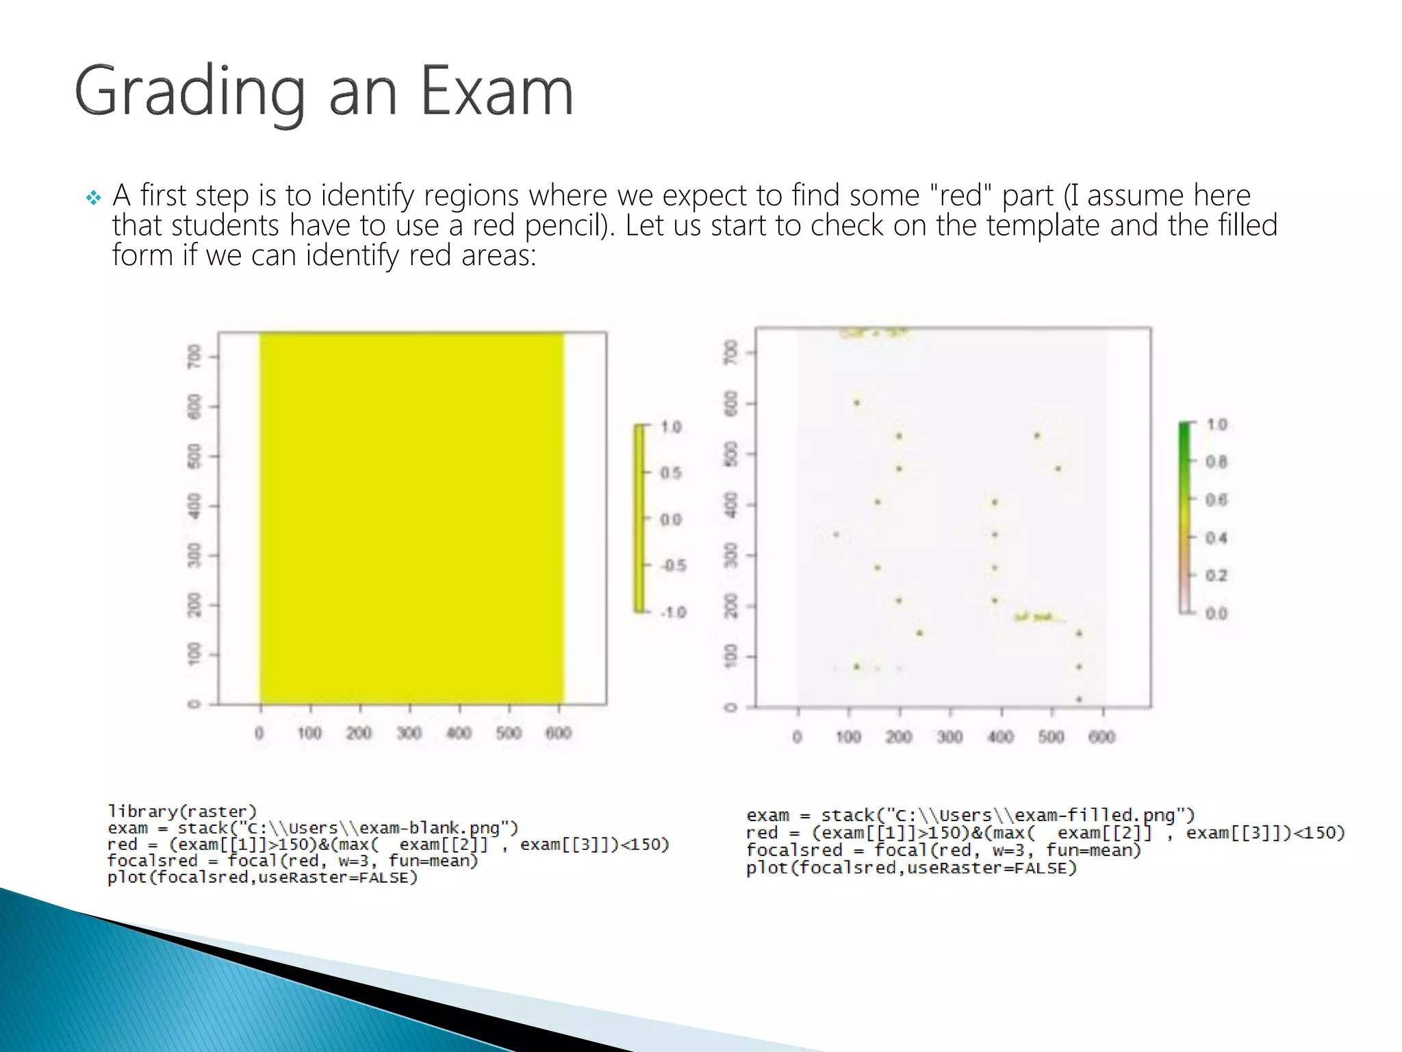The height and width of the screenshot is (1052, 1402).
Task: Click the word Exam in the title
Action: pyautogui.click(x=496, y=91)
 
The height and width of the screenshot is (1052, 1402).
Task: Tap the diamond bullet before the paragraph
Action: pyautogui.click(x=93, y=199)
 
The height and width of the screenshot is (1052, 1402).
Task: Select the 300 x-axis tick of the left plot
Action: pyautogui.click(x=409, y=734)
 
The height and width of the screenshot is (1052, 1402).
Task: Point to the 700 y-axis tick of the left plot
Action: pyautogui.click(x=195, y=356)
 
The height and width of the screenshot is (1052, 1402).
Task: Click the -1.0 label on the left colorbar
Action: pyautogui.click(x=673, y=612)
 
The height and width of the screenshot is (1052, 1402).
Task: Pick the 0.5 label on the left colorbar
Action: pyautogui.click(x=671, y=473)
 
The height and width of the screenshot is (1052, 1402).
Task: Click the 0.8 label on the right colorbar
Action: pyautogui.click(x=1216, y=462)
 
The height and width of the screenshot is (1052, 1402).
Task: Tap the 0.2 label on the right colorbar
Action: pyautogui.click(x=1216, y=575)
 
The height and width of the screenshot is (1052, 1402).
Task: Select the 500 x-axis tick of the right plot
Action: pyautogui.click(x=1051, y=737)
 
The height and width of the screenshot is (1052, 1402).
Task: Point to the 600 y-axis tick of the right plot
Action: pyautogui.click(x=731, y=403)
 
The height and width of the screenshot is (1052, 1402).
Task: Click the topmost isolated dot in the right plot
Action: pyautogui.click(x=856, y=403)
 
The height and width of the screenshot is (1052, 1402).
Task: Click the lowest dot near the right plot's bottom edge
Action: pyautogui.click(x=1079, y=699)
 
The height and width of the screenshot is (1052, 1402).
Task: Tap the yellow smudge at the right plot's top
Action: pyautogui.click(x=874, y=334)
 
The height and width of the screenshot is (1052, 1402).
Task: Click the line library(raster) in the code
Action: pyautogui.click(x=182, y=812)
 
